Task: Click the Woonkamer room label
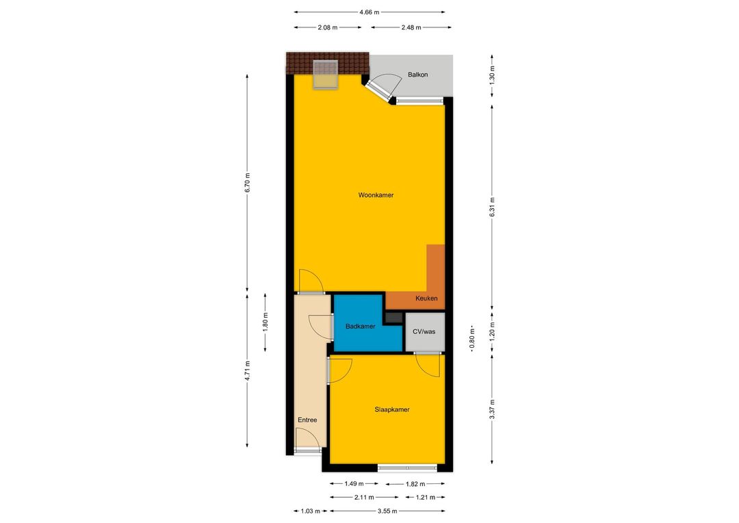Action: pos(376,195)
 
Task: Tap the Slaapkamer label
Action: pos(392,409)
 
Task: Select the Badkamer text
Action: pos(360,327)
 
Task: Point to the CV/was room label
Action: pos(424,331)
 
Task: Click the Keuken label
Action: pos(426,298)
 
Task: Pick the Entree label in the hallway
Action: pos(307,420)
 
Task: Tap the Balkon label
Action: pos(418,75)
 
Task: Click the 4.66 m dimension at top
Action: pos(369,12)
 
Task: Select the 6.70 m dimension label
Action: pos(248,183)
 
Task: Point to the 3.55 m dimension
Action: pos(387,511)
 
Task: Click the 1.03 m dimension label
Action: pos(311,511)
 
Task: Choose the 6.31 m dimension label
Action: pos(492,207)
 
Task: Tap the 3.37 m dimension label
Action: pos(492,409)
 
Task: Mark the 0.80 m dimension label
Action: pos(472,339)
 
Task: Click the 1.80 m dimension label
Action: pos(265,322)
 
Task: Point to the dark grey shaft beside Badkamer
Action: pos(394,318)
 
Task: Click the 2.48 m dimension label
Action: pos(411,27)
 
